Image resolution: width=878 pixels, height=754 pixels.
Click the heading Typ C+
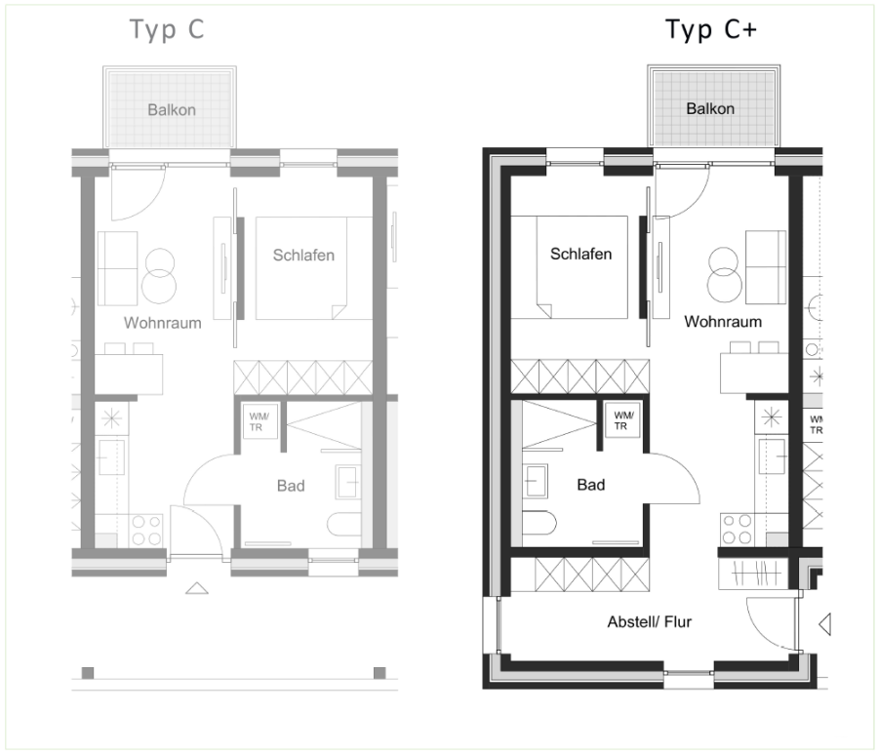click(710, 29)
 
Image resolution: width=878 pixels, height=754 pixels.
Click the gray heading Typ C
click(167, 29)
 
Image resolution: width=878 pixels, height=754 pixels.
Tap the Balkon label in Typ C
click(172, 109)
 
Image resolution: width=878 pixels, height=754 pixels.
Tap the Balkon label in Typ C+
click(710, 108)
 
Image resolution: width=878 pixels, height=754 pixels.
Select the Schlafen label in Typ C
click(303, 256)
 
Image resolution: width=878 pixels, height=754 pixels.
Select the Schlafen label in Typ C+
click(581, 255)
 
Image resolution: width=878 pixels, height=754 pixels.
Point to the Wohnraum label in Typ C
click(162, 323)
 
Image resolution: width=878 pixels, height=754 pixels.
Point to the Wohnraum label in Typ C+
click(723, 322)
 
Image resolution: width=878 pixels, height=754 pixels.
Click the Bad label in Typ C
click(291, 486)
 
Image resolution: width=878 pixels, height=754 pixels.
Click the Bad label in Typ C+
click(591, 485)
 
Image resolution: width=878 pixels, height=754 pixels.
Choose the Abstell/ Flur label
click(650, 622)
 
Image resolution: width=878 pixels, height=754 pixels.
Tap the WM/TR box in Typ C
click(260, 421)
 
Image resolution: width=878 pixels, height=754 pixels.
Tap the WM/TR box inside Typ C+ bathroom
click(622, 420)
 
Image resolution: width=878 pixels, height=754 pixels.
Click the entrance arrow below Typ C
click(197, 588)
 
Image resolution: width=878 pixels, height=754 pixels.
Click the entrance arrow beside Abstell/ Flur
click(824, 623)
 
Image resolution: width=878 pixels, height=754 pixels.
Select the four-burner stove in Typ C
click(146, 531)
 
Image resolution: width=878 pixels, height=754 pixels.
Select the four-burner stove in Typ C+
click(737, 530)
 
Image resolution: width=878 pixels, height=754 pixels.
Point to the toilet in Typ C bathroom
click(343, 524)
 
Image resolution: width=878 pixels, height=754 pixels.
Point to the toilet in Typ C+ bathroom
click(539, 523)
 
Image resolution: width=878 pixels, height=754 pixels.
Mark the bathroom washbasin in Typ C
click(348, 482)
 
